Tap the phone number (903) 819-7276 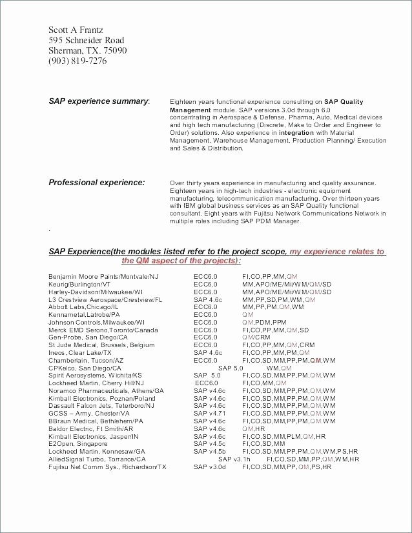[x=77, y=61]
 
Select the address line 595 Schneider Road [x=87, y=41]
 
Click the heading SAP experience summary [x=99, y=101]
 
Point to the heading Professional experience [x=97, y=183]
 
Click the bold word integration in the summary [x=296, y=132]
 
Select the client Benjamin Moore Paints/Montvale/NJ [x=103, y=276]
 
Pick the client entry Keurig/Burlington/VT [x=79, y=284]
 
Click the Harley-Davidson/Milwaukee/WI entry [x=96, y=292]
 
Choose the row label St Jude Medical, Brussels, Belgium [x=101, y=345]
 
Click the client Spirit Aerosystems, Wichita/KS [x=95, y=376]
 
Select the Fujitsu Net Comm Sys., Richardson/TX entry [x=107, y=467]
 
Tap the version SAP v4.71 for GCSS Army [x=210, y=414]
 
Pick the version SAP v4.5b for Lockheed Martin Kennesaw [x=210, y=452]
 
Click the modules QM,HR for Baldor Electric [x=253, y=428]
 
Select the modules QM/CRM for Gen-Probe [x=256, y=337]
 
